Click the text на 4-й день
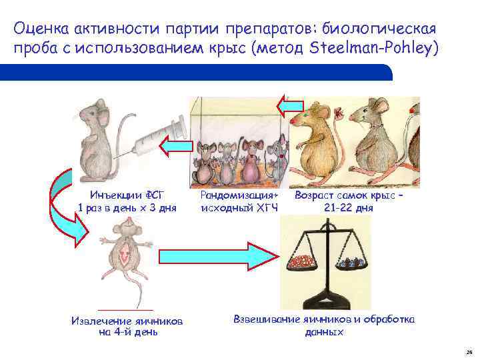click(127, 332)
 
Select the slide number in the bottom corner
click(469, 351)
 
